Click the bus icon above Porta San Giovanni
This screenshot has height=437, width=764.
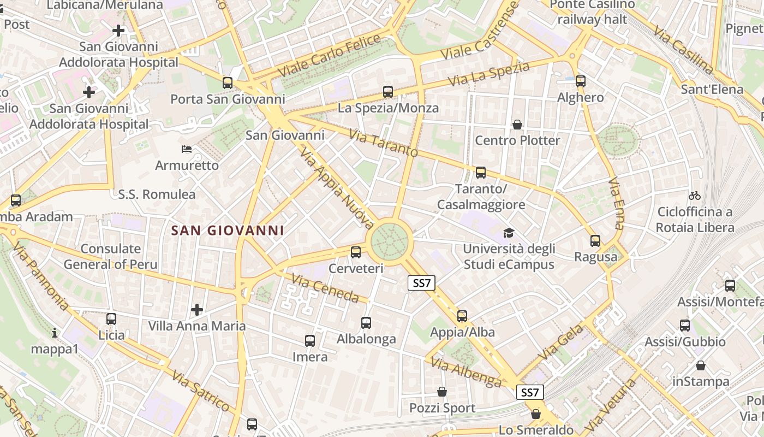[228, 83]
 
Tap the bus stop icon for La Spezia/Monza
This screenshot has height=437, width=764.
[388, 92]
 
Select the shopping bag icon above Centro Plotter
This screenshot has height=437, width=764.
[517, 125]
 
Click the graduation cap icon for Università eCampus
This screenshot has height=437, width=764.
[509, 233]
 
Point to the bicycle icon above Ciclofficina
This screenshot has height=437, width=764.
[694, 196]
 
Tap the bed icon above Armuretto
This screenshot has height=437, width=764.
[187, 149]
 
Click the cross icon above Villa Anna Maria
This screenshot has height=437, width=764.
[197, 310]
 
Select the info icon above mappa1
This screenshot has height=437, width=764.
[54, 333]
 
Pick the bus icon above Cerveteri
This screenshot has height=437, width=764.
[356, 252]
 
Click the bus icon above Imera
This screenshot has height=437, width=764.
[310, 341]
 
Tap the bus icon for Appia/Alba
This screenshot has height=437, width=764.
[462, 316]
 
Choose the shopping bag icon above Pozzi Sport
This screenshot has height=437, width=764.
[442, 392]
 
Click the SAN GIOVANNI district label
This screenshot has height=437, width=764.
[228, 231]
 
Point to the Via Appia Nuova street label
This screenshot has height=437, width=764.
[337, 189]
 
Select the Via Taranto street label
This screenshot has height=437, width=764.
[383, 143]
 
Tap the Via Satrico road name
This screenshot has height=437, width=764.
[200, 391]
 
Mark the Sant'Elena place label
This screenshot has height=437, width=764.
[712, 89]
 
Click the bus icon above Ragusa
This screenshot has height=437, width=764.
[595, 240]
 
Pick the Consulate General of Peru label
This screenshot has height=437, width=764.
[110, 257]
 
